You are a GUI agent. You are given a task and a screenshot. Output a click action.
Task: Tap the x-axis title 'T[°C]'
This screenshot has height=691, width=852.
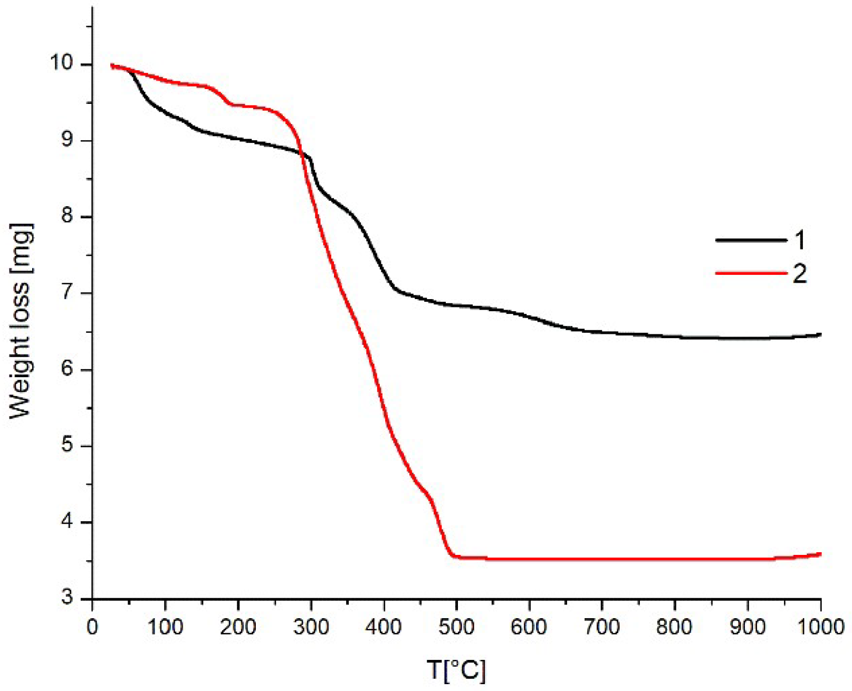point(456,670)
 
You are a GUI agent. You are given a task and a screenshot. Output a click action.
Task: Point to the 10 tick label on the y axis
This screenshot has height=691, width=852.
point(61,63)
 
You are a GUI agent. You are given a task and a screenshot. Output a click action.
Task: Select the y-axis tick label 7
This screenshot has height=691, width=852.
point(67,292)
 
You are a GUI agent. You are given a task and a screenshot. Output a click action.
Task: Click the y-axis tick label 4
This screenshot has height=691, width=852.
point(67,522)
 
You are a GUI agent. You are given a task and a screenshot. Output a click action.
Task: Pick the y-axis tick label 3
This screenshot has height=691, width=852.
point(67,598)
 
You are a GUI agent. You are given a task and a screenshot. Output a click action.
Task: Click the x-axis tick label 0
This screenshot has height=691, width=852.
point(92,627)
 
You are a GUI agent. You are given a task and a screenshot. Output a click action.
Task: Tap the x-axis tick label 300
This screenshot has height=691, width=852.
point(311,627)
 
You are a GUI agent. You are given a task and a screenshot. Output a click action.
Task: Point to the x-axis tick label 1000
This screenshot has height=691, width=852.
point(821,627)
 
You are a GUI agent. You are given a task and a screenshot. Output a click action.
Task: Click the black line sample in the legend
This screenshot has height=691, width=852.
point(751,241)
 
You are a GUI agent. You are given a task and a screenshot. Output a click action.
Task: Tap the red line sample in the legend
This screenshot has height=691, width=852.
point(751,273)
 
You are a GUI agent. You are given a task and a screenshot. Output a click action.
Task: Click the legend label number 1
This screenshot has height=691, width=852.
point(800,241)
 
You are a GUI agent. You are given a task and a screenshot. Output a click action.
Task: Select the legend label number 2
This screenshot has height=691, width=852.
point(800,274)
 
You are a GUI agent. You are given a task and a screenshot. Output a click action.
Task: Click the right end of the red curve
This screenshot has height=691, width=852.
point(820,554)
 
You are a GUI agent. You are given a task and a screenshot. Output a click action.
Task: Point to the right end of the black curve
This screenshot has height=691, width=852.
point(820,334)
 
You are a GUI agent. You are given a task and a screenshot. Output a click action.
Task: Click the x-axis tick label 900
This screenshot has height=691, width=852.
point(748,627)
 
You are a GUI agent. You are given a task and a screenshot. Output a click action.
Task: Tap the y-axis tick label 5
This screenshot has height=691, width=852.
point(67,445)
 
